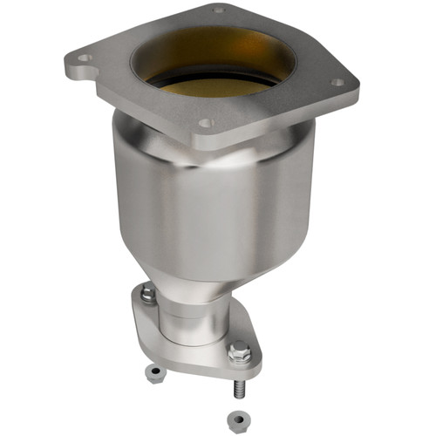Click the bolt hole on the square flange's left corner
84,58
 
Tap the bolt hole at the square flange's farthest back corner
218,10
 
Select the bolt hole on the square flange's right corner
337,83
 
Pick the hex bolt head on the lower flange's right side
240,353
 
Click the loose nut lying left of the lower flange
153,374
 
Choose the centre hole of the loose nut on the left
153,371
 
